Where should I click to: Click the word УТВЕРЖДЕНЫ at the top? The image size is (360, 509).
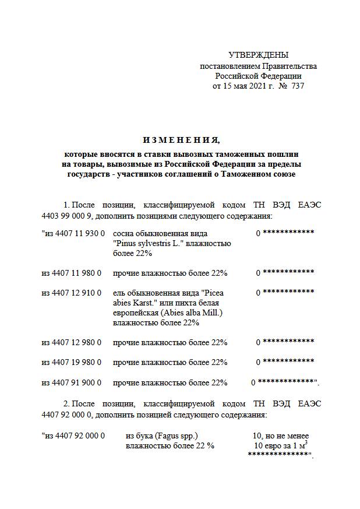click(x=258, y=55)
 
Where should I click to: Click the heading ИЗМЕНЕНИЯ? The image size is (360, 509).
click(x=181, y=141)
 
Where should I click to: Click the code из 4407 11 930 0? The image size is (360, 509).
click(x=73, y=233)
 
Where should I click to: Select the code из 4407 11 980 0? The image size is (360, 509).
click(x=71, y=272)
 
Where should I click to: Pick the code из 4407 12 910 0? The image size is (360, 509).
click(x=71, y=292)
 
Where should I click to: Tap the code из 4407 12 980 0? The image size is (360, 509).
click(x=71, y=342)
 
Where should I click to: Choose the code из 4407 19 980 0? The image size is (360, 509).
click(x=71, y=362)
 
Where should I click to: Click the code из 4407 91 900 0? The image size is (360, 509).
click(x=71, y=382)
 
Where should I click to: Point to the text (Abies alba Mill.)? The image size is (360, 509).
click(x=192, y=313)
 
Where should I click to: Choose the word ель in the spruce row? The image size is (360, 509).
click(x=119, y=292)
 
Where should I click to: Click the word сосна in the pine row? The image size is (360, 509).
click(x=124, y=233)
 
